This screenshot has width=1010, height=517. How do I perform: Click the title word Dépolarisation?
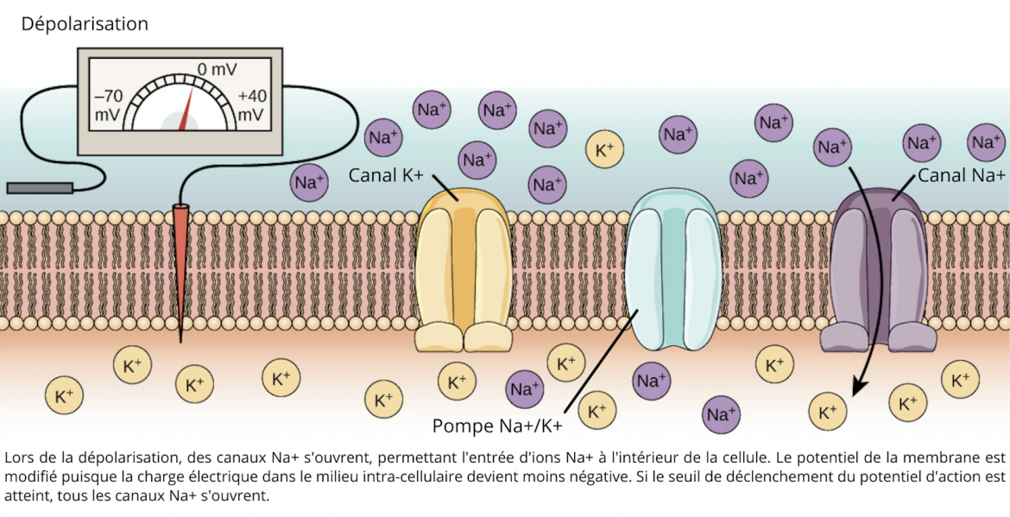click(85, 24)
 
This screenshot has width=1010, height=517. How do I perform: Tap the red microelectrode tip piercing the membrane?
click(180, 259)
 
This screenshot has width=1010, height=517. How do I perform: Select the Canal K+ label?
click(386, 175)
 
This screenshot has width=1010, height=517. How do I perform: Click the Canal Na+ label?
click(961, 175)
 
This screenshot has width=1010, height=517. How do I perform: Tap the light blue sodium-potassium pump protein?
click(673, 272)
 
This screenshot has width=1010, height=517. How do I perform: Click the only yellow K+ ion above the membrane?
click(605, 149)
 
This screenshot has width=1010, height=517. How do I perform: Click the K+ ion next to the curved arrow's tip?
click(828, 412)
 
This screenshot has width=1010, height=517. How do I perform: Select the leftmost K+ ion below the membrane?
click(65, 397)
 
